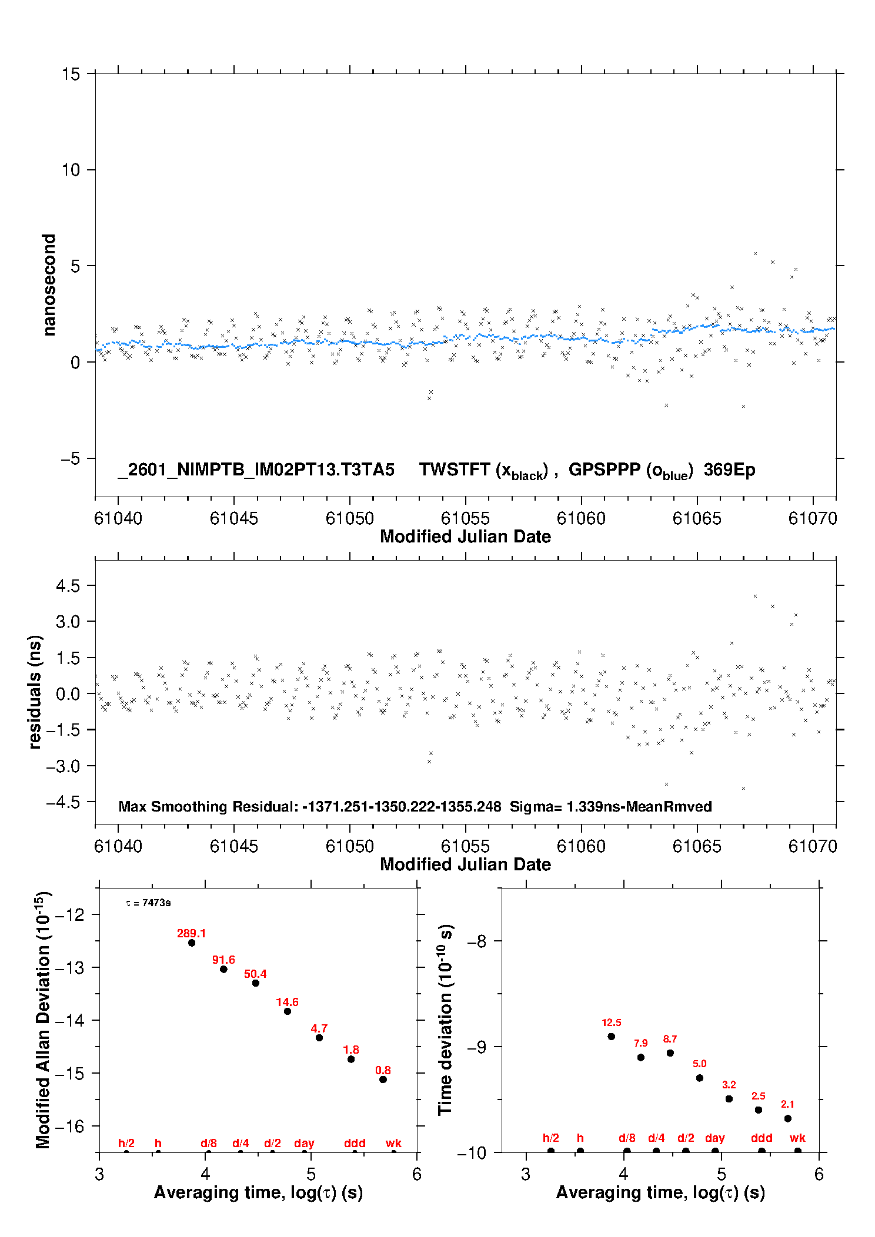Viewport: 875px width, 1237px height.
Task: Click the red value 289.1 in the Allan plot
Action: click(x=191, y=933)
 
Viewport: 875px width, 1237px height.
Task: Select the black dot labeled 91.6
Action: click(x=223, y=969)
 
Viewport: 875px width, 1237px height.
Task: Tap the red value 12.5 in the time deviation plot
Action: click(x=611, y=1023)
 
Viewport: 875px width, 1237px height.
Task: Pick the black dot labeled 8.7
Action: click(x=670, y=1053)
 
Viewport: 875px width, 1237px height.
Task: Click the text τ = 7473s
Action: click(x=148, y=903)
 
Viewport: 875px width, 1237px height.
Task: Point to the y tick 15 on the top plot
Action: click(x=71, y=74)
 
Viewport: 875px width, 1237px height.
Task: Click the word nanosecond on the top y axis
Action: click(x=49, y=285)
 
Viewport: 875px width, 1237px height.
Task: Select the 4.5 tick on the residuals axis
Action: click(x=68, y=585)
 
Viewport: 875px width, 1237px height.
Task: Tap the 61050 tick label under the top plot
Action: click(x=349, y=518)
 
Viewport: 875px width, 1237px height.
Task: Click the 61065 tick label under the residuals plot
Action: click(x=696, y=846)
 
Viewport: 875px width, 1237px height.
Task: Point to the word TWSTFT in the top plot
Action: click(x=454, y=470)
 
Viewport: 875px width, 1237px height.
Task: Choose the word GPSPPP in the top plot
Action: click(x=604, y=470)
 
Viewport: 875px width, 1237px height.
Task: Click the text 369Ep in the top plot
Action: click(x=729, y=470)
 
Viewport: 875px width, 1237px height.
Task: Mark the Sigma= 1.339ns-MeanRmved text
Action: click(x=610, y=806)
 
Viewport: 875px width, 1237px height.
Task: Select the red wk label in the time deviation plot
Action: click(x=797, y=1138)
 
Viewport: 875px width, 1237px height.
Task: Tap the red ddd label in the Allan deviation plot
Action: click(x=355, y=1143)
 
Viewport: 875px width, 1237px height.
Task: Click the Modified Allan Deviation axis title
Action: click(x=44, y=1020)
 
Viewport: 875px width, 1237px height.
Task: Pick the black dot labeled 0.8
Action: click(x=383, y=1080)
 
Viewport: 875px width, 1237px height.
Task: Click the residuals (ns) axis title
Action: click(x=35, y=692)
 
